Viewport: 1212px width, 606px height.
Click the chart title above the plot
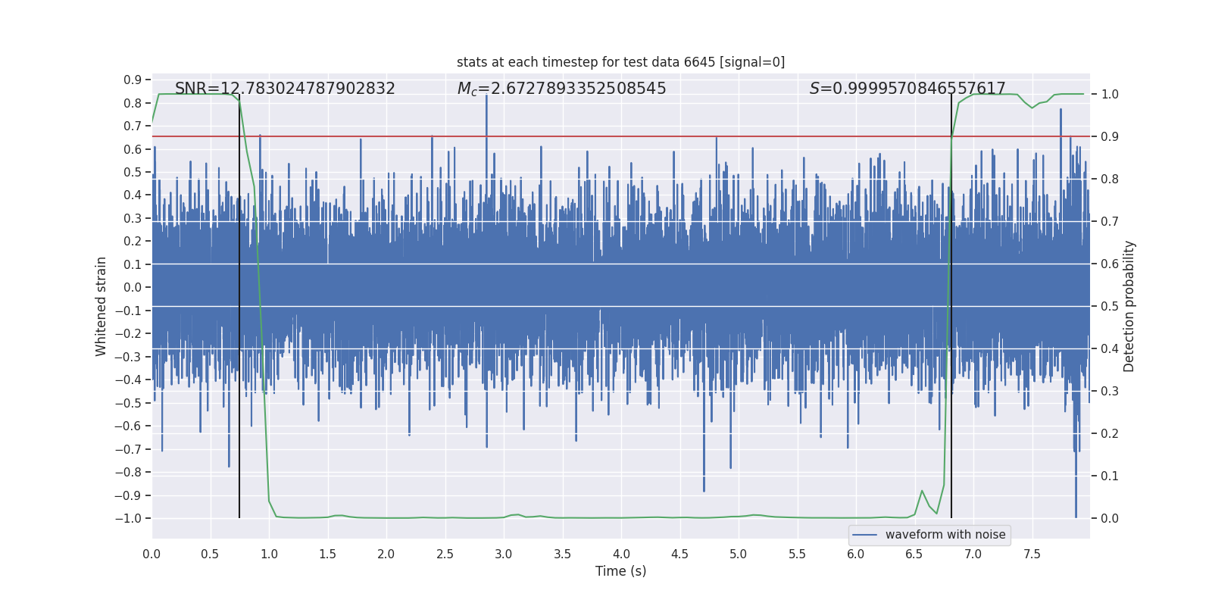click(x=620, y=62)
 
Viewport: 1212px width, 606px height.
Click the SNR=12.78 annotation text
click(x=285, y=89)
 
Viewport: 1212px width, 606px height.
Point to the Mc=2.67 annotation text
click(x=561, y=89)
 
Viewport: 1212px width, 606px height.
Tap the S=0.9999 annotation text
click(x=907, y=89)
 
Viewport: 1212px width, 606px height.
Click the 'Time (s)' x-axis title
click(x=620, y=571)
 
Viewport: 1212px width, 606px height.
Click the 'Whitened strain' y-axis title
click(x=101, y=306)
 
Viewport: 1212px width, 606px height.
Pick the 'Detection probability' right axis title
click(x=1129, y=306)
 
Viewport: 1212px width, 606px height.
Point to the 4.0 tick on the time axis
click(x=621, y=554)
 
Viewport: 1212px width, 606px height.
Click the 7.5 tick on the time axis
click(x=1032, y=554)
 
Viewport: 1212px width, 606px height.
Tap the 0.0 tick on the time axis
click(x=151, y=554)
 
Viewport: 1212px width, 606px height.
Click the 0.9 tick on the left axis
click(x=133, y=80)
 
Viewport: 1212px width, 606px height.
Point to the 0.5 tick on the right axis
click(x=1109, y=306)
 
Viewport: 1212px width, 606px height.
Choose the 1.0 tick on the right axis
click(x=1109, y=94)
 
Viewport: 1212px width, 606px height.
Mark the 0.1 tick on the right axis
click(x=1109, y=476)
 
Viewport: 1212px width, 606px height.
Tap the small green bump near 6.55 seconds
click(x=922, y=492)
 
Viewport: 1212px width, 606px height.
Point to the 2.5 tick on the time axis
click(x=445, y=554)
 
